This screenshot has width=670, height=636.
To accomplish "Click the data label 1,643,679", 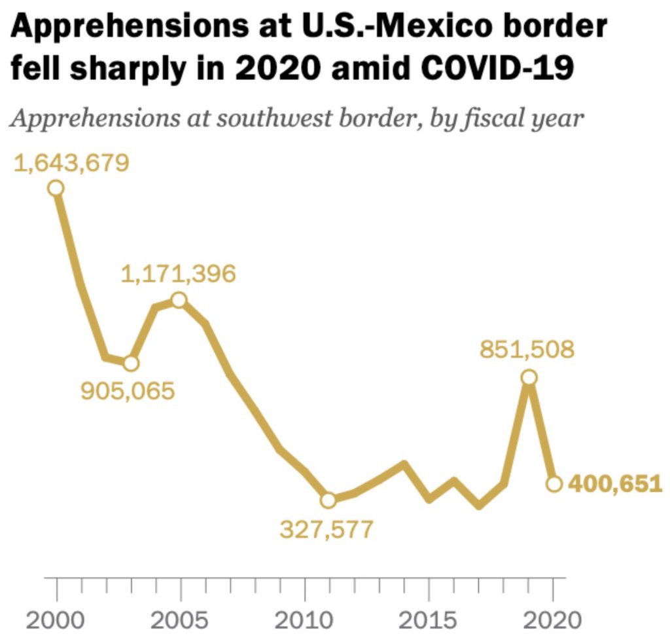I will click(x=71, y=162).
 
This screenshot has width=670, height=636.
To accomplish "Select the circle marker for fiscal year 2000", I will click(x=56, y=188).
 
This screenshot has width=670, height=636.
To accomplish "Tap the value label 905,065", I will click(x=128, y=391).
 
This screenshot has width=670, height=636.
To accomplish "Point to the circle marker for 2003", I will click(x=131, y=363).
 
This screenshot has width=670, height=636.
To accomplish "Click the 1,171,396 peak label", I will click(x=178, y=274).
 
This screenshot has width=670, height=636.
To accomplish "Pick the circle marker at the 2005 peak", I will click(x=179, y=300).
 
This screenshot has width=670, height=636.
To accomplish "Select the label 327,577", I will click(x=326, y=529).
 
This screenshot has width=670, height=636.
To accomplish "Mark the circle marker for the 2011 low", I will click(x=328, y=500).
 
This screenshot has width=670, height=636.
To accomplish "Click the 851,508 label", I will click(x=527, y=349).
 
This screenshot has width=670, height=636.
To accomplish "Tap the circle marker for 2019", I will click(x=529, y=377).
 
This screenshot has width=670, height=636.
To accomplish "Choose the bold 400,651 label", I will click(x=614, y=484).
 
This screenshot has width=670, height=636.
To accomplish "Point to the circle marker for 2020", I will click(x=554, y=484).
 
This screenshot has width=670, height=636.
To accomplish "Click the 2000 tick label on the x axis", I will click(x=56, y=619).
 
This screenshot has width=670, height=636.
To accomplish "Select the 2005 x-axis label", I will click(x=180, y=619).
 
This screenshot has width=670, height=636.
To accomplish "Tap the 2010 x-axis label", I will click(x=304, y=619).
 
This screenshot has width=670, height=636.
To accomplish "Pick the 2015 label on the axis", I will click(x=429, y=619).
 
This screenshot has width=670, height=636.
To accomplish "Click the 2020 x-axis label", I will click(x=553, y=619).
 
